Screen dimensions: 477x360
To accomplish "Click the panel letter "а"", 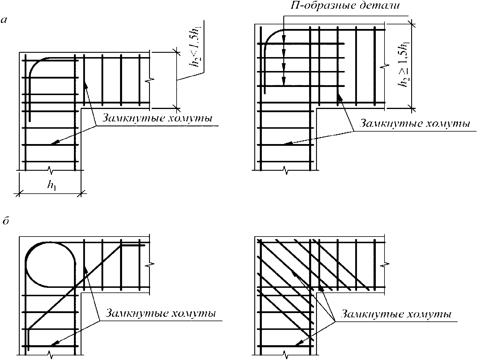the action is (4, 20).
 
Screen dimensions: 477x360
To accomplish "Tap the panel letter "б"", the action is (4, 221).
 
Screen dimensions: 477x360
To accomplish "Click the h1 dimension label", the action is (52, 185).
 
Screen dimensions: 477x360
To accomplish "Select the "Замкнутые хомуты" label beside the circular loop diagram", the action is (161, 314).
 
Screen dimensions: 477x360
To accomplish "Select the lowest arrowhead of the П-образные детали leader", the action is (284, 83).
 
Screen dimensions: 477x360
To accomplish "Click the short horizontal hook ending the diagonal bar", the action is (133, 246).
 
